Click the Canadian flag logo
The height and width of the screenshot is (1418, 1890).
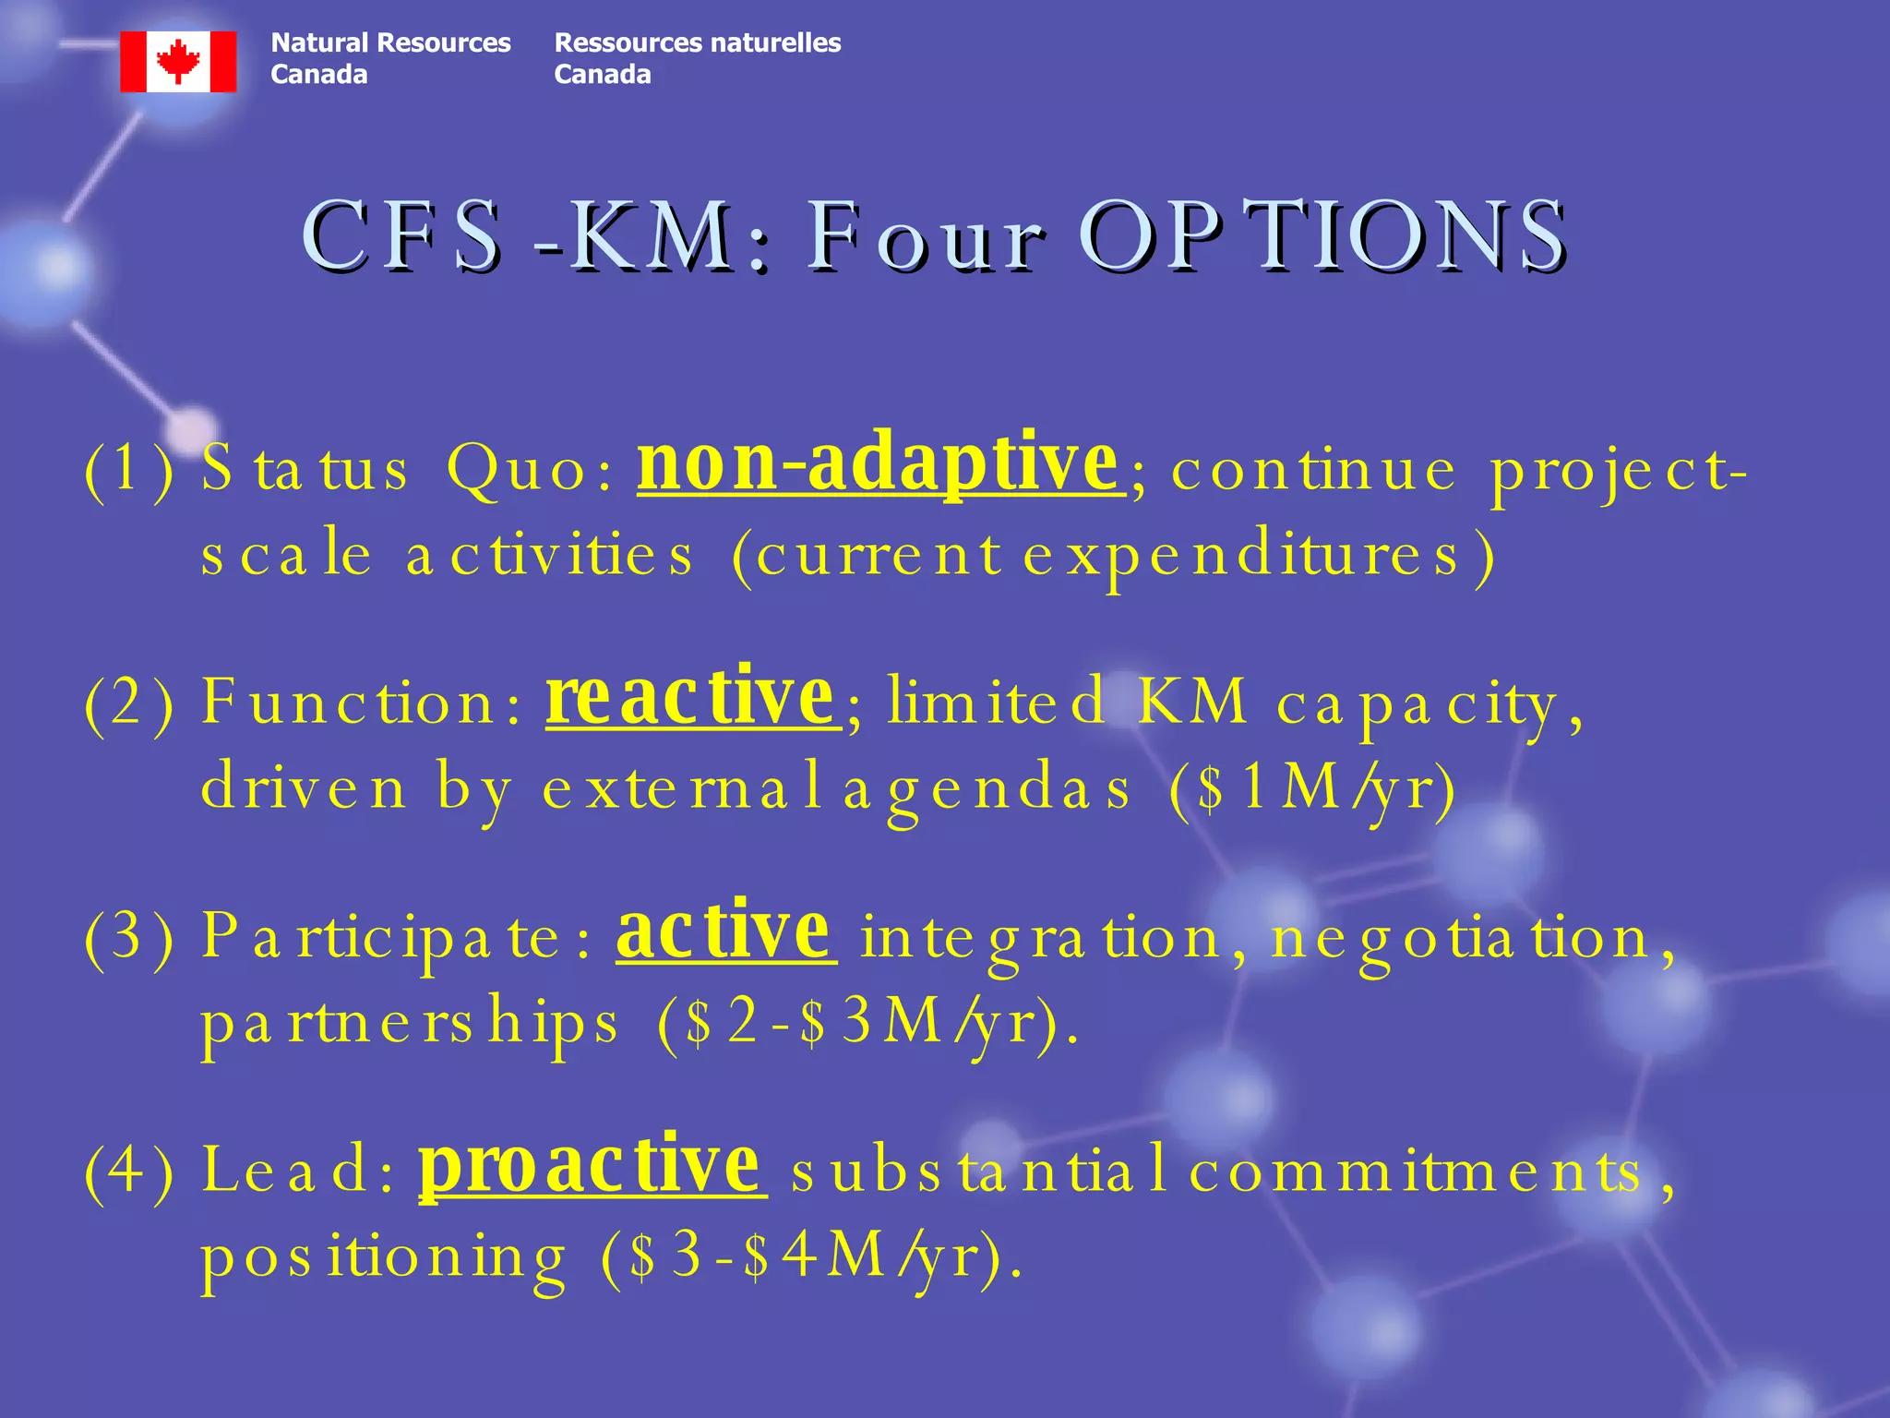(178, 62)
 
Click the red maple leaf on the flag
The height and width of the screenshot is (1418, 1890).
(178, 61)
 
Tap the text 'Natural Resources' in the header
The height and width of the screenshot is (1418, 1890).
(390, 42)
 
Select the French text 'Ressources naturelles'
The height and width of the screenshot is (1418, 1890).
(697, 42)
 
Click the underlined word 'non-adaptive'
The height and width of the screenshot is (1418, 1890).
(878, 463)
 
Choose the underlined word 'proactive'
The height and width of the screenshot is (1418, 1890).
(590, 1165)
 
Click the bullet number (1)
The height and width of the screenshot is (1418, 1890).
(129, 471)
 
